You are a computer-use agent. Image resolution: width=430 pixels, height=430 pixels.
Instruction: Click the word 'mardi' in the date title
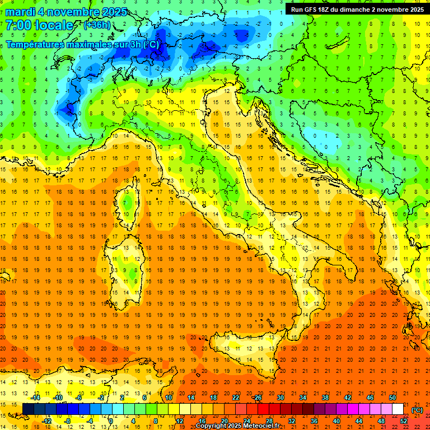click(x=22, y=12)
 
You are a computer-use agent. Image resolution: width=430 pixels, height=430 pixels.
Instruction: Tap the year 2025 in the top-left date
click(x=114, y=12)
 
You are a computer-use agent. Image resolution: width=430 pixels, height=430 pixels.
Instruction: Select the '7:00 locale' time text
click(x=39, y=25)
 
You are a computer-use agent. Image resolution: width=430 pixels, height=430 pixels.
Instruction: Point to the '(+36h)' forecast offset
click(x=97, y=25)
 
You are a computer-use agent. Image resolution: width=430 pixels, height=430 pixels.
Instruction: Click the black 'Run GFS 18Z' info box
click(x=356, y=9)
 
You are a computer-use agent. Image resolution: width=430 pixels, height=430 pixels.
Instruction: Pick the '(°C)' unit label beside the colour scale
click(x=417, y=410)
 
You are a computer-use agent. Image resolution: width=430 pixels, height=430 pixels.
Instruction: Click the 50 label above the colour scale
click(x=392, y=398)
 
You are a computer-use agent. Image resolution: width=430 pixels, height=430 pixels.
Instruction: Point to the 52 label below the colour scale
click(x=404, y=420)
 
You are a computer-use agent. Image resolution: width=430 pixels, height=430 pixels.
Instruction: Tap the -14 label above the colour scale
click(x=35, y=398)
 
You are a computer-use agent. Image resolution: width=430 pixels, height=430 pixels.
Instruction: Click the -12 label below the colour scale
click(x=47, y=420)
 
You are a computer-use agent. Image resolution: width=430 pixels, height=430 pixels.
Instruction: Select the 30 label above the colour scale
click(x=280, y=398)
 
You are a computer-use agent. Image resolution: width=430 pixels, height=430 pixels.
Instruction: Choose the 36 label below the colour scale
click(x=314, y=420)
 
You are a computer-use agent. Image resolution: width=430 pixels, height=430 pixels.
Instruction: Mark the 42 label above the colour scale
click(x=347, y=398)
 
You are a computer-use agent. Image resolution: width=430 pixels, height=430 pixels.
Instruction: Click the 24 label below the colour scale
click(x=246, y=420)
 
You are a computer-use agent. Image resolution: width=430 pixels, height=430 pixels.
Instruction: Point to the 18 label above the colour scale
click(x=213, y=398)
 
